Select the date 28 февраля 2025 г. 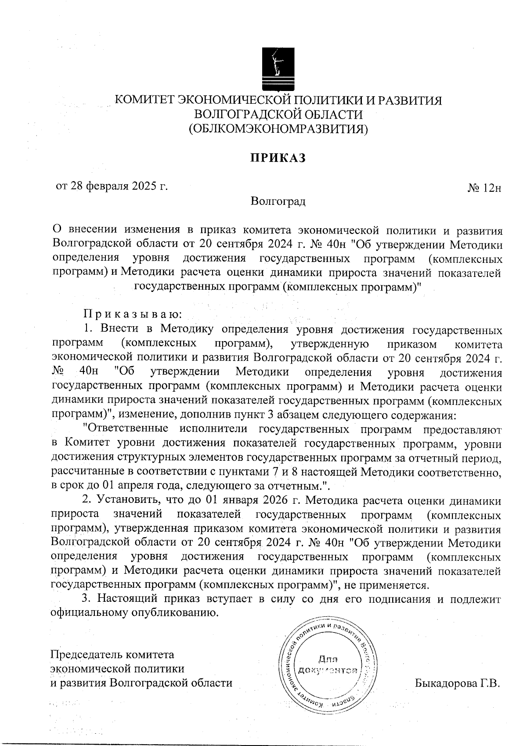[112, 186]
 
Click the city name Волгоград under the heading [278, 202]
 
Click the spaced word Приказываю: [132, 315]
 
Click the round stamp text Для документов [328, 665]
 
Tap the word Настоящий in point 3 [127, 599]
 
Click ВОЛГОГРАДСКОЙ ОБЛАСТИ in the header [279, 115]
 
